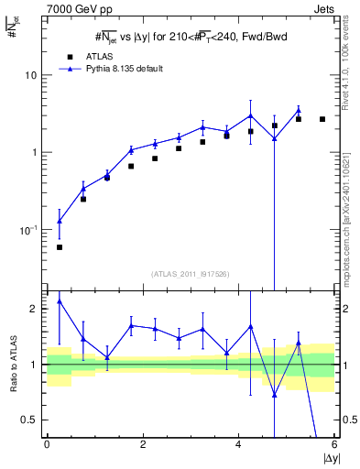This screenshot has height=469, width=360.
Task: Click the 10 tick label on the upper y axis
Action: click(x=31, y=75)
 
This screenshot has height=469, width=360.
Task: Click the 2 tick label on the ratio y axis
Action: click(x=35, y=310)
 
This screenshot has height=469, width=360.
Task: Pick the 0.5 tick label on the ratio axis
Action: click(x=29, y=420)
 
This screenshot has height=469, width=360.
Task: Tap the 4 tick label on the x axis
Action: click(x=238, y=445)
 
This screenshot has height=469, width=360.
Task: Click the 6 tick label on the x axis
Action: click(x=334, y=445)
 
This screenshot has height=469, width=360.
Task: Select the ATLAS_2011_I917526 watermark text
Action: click(x=191, y=273)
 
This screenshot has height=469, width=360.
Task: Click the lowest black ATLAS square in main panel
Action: click(x=60, y=247)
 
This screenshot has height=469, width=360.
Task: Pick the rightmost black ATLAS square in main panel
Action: click(x=322, y=119)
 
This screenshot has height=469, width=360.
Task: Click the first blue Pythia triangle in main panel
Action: click(x=60, y=221)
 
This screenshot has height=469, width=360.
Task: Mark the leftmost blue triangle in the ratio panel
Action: click(x=60, y=300)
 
